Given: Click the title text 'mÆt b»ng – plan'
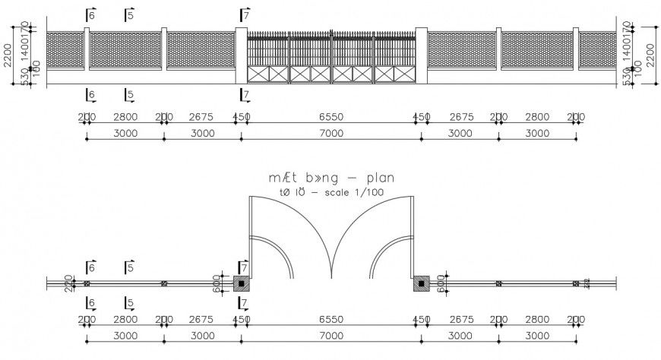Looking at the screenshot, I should click(331, 178).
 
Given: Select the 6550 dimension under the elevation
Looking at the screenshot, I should click(331, 118).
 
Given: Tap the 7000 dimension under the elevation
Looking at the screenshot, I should click(331, 134).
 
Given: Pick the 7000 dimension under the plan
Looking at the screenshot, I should click(331, 336).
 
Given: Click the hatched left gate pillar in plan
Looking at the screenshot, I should click(242, 284).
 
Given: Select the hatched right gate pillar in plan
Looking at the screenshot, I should click(421, 284).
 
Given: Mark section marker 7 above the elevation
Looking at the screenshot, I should click(243, 15).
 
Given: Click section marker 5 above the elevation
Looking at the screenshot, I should click(129, 15).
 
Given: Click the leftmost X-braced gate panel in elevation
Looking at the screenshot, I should click(268, 74).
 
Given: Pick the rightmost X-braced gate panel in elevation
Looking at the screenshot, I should click(394, 74).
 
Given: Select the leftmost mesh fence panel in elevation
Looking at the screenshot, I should click(65, 50).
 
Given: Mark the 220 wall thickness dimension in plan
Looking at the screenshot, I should click(68, 283).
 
